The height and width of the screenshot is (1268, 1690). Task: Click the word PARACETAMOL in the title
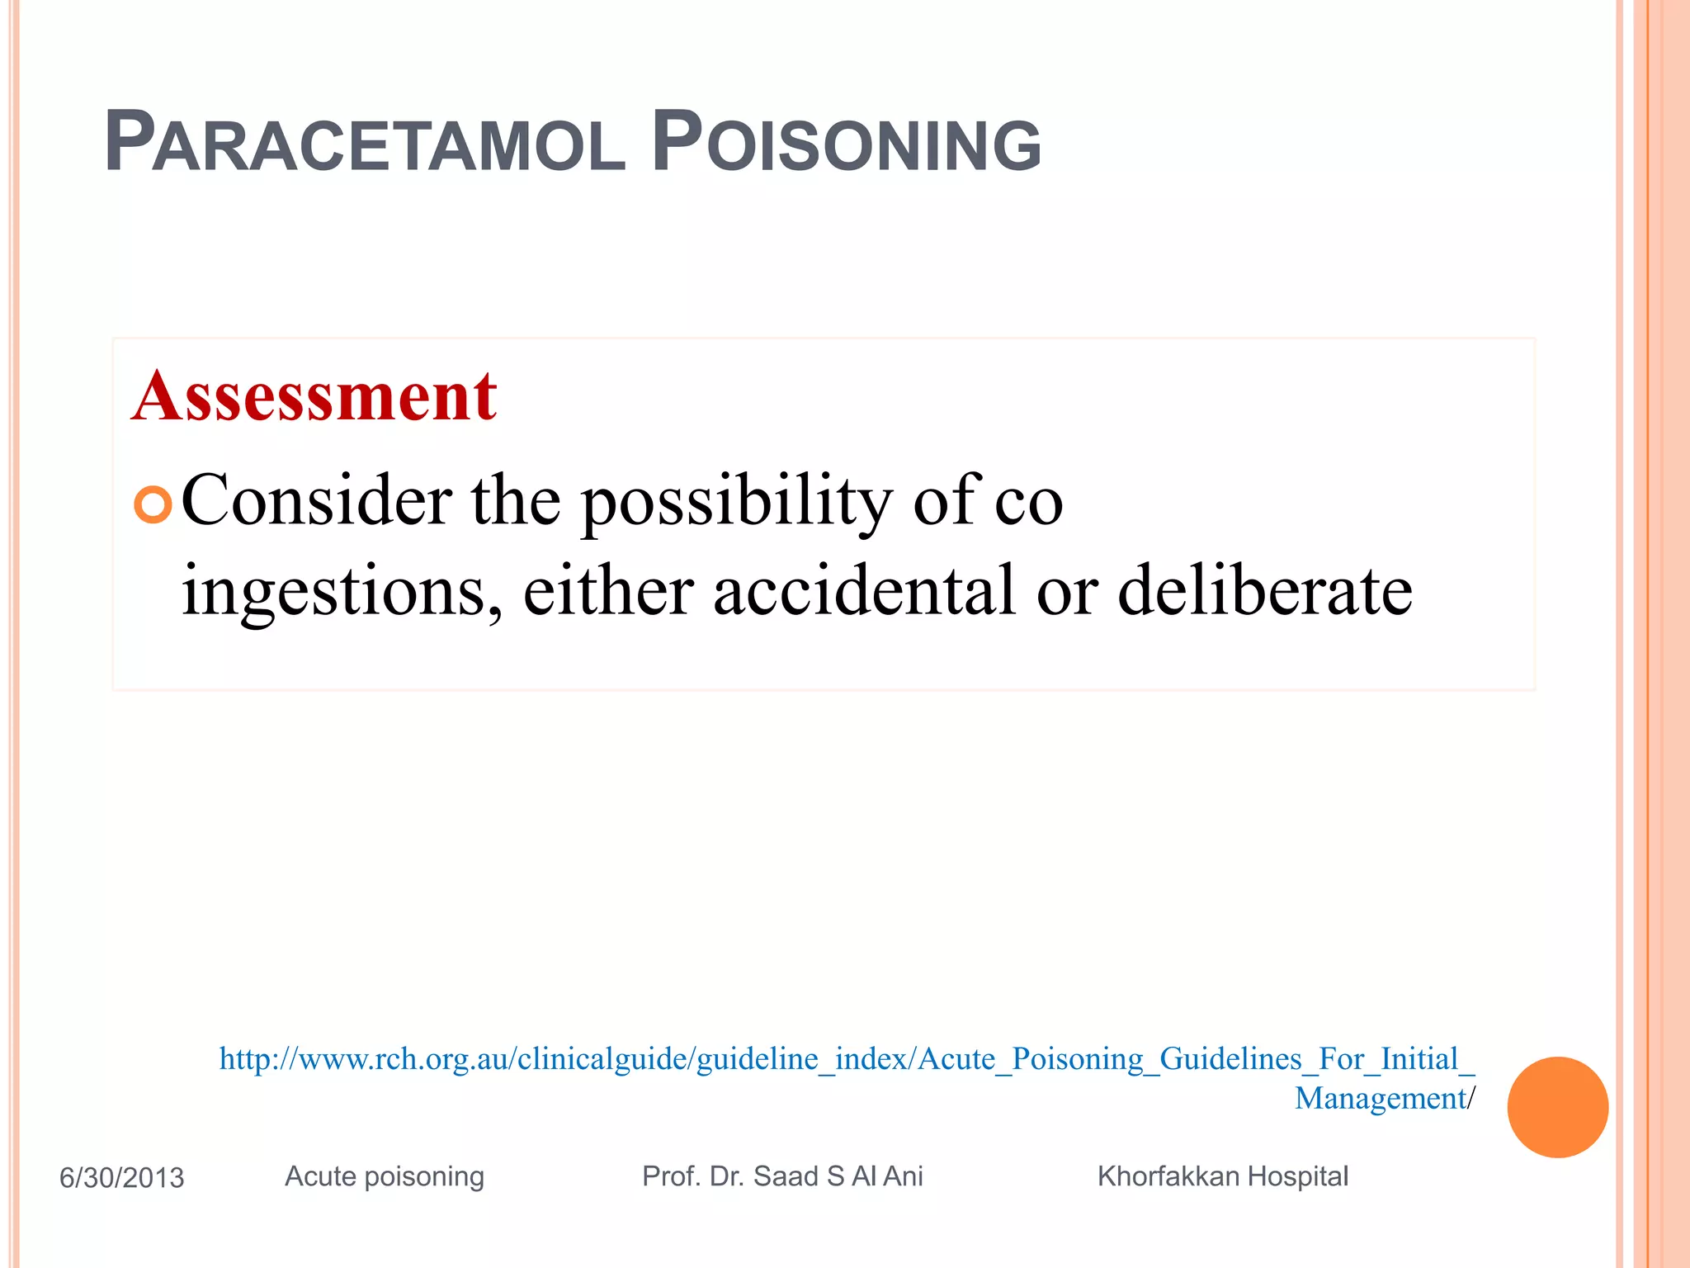(365, 144)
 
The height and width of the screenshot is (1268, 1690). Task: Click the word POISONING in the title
(847, 144)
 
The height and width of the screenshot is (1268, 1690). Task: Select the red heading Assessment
(314, 396)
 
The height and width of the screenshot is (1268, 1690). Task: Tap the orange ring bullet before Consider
(153, 504)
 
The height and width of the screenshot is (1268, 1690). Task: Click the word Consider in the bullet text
(316, 500)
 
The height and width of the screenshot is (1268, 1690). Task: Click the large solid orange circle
(1557, 1107)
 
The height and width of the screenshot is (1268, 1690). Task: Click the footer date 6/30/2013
(122, 1177)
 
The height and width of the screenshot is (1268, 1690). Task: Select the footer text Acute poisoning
(385, 1176)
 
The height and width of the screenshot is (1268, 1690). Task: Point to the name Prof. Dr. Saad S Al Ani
(782, 1176)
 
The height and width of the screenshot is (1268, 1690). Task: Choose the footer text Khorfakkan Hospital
(1222, 1176)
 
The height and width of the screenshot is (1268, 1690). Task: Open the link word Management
(1380, 1099)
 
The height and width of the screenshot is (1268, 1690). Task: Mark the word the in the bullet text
(516, 500)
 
